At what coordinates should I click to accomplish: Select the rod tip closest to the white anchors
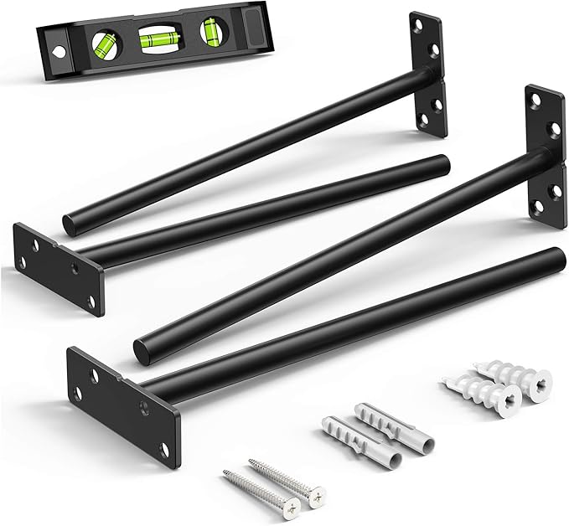click(x=553, y=256)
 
